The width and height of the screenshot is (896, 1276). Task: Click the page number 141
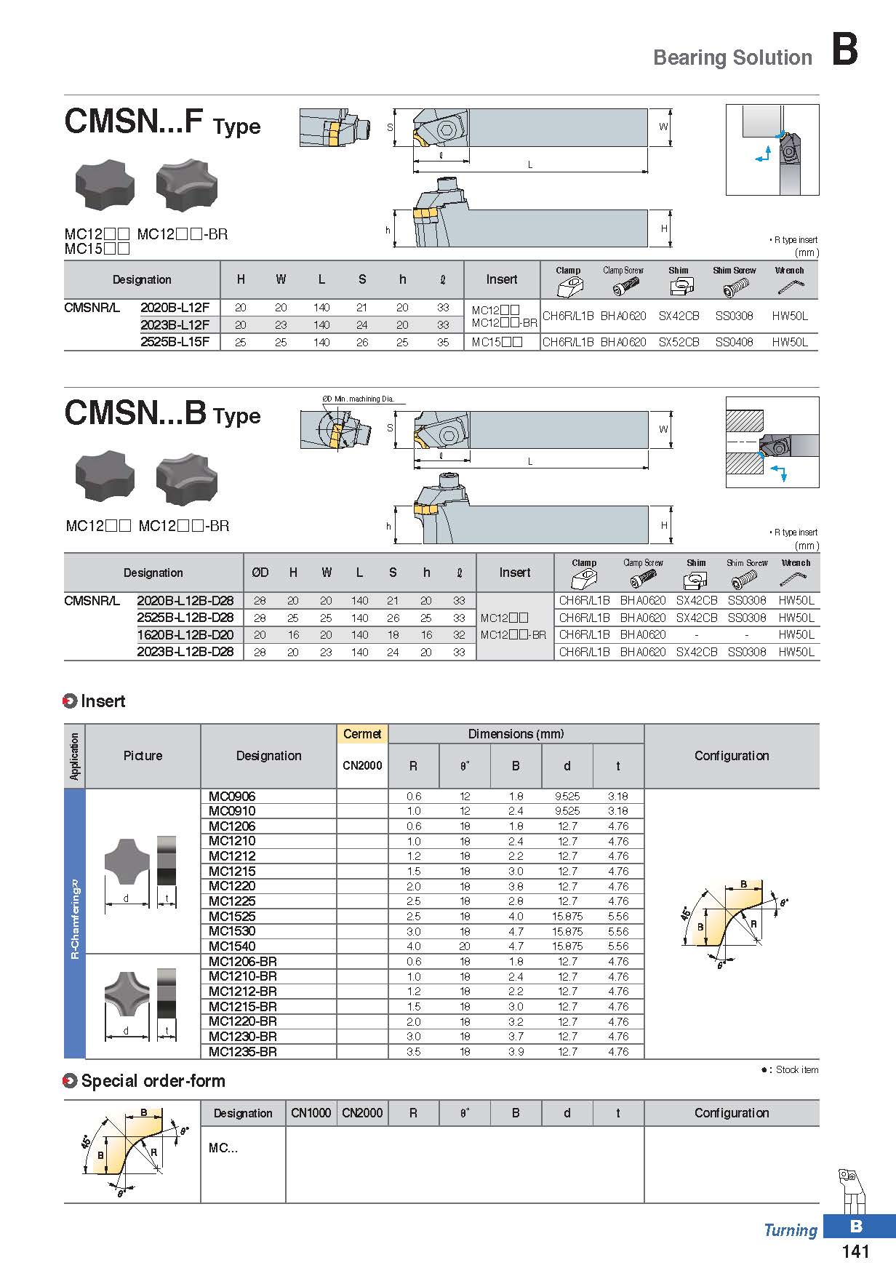point(855,1251)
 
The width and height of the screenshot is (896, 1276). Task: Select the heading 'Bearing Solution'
point(732,57)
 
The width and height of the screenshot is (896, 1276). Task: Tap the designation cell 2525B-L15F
point(175,342)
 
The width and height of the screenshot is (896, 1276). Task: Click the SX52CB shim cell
point(679,342)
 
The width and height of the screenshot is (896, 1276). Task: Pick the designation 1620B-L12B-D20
point(185,634)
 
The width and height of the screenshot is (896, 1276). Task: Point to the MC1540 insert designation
point(232,946)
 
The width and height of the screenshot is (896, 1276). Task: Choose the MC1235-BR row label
point(243,1051)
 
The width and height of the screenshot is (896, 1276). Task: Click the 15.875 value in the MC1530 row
point(567,931)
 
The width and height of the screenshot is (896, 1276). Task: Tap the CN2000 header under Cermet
point(362,765)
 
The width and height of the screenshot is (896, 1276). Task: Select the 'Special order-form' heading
point(153,1081)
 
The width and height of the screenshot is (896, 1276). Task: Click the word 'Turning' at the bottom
point(791,1230)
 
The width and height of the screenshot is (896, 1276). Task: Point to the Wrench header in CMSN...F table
point(790,271)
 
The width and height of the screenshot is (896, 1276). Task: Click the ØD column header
point(260,573)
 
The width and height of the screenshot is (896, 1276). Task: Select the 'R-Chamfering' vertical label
point(75,920)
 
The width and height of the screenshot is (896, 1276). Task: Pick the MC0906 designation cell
point(232,796)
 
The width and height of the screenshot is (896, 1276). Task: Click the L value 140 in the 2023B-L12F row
point(321,325)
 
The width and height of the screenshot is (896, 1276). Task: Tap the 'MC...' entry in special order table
point(223,1148)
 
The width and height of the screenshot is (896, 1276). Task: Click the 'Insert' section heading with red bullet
point(103,701)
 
